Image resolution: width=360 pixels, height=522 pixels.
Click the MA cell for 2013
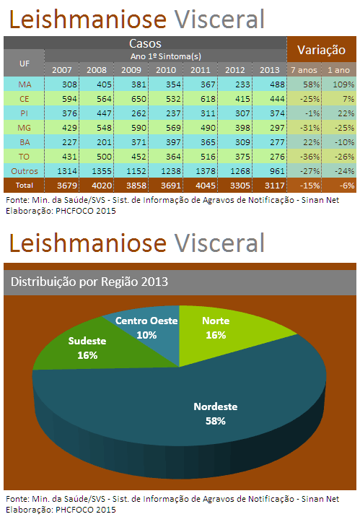pos(270,84)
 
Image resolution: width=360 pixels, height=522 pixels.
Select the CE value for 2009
pos(131,99)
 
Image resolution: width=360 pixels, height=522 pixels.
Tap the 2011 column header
pos(201,70)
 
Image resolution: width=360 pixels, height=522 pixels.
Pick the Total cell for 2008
pos(97,186)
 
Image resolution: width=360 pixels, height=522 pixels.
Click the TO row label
pos(24,157)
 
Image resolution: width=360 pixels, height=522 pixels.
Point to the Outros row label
pos(24,171)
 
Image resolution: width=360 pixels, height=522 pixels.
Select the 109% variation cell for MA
pos(339,84)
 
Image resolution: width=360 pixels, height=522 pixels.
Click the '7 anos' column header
pos(304,70)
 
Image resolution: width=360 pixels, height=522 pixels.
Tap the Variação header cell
pos(322,50)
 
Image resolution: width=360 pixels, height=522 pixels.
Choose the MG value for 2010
pos(166,128)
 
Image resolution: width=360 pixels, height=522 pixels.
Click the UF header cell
pos(24,64)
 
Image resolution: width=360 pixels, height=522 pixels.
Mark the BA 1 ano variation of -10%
pos(339,142)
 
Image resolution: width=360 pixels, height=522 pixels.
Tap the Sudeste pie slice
pos(100,347)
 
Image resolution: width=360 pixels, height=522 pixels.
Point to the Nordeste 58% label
pos(216,414)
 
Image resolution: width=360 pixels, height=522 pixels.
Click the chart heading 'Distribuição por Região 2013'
pos(89,282)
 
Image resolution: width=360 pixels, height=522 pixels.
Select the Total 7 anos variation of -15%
pos(304,186)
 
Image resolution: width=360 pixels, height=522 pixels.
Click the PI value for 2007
pos(62,113)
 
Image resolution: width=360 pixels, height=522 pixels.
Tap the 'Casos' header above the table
pos(145,43)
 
